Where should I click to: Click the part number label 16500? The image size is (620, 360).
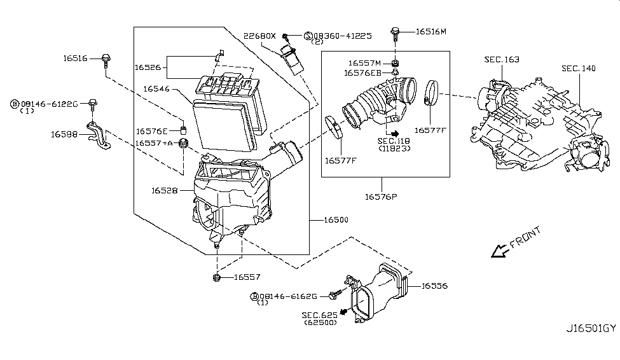pyautogui.click(x=336, y=220)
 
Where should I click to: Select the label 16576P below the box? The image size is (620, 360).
pyautogui.click(x=381, y=197)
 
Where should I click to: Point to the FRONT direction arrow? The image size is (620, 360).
pyautogui.click(x=499, y=251)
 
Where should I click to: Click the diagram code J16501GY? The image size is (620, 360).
pyautogui.click(x=591, y=328)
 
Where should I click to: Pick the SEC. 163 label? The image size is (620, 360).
pyautogui.click(x=502, y=59)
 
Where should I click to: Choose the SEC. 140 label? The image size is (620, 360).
pyautogui.click(x=579, y=69)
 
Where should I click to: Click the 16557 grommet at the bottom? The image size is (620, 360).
pyautogui.click(x=216, y=277)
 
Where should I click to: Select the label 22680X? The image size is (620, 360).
pyautogui.click(x=259, y=36)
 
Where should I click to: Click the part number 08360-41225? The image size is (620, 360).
pyautogui.click(x=342, y=36)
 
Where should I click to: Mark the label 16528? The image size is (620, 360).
pyautogui.click(x=165, y=191)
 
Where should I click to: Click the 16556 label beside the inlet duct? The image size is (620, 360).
pyautogui.click(x=434, y=286)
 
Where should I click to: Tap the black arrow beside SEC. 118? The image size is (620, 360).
pyautogui.click(x=395, y=134)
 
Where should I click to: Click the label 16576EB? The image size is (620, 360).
pyautogui.click(x=362, y=73)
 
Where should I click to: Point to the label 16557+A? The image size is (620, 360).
pyautogui.click(x=155, y=143)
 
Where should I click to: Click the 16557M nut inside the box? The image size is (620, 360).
pyautogui.click(x=395, y=64)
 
